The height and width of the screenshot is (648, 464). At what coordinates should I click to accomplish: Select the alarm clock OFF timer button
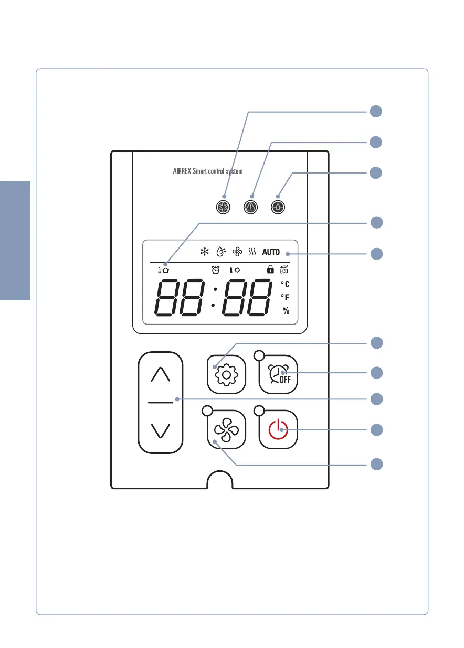pyautogui.click(x=278, y=374)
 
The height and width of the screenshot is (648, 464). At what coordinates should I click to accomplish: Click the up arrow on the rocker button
pyautogui.click(x=161, y=374)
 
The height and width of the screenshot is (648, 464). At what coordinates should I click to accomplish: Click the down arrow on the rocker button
pyautogui.click(x=161, y=430)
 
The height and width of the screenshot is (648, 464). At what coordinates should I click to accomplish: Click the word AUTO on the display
pyautogui.click(x=271, y=252)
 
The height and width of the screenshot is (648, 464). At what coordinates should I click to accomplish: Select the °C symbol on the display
pyautogui.click(x=285, y=284)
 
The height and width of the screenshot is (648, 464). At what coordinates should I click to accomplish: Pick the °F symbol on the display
pyautogui.click(x=285, y=297)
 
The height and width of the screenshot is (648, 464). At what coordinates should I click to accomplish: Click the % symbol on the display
pyautogui.click(x=286, y=311)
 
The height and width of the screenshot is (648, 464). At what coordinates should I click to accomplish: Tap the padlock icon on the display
pyautogui.click(x=270, y=269)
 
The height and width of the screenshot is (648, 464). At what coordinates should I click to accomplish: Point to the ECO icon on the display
pyautogui.click(x=284, y=269)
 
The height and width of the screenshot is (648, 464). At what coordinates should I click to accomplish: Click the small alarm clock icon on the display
pyautogui.click(x=215, y=270)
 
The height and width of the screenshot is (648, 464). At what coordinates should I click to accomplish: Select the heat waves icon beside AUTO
pyautogui.click(x=252, y=252)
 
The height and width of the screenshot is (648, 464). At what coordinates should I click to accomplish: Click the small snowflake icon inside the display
pyautogui.click(x=204, y=252)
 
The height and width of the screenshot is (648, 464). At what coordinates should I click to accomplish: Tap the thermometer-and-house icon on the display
pyautogui.click(x=163, y=270)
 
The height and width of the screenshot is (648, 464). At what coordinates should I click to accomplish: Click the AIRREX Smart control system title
pyautogui.click(x=208, y=171)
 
